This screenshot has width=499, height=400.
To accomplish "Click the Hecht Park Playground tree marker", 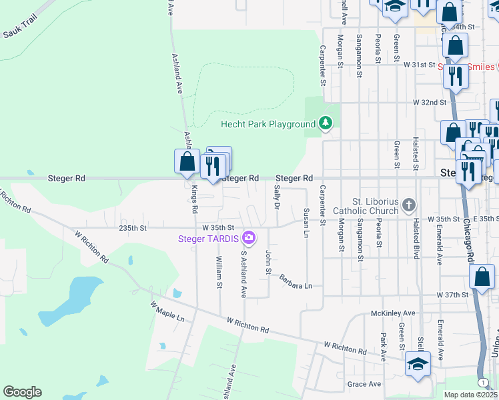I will click(325, 123).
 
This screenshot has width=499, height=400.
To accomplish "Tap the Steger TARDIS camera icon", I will click(249, 237).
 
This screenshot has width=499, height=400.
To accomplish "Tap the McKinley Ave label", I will click(393, 313).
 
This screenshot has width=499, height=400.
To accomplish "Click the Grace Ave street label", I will click(364, 384).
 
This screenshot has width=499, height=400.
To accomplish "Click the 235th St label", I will click(132, 228).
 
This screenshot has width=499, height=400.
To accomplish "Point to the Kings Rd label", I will click(195, 200).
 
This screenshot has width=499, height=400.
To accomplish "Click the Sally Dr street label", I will click(276, 197).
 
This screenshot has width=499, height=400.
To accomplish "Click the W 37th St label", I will click(454, 294).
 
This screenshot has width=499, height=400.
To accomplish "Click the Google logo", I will click(22, 392).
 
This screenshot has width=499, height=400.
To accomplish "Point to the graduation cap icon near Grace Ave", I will click(418, 364).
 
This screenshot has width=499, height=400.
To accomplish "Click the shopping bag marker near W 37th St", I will click(482, 277).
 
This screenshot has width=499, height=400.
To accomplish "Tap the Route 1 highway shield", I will click(481, 381).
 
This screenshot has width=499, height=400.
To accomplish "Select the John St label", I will click(268, 261).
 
